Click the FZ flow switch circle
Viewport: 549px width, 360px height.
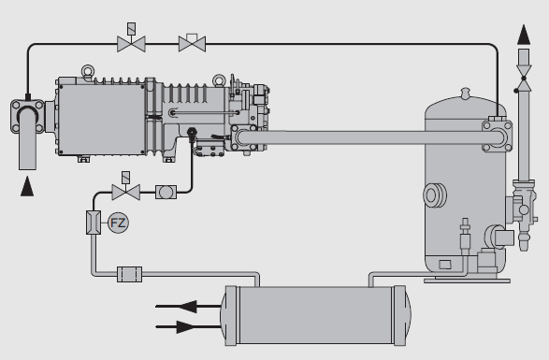coord(117,223)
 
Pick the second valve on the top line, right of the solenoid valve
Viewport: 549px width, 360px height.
coord(192,42)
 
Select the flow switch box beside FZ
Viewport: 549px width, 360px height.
coord(92,223)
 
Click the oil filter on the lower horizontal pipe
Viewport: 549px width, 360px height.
coord(128,274)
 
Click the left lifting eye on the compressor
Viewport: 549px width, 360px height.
coord(90,69)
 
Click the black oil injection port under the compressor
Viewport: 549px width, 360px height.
coord(192,134)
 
